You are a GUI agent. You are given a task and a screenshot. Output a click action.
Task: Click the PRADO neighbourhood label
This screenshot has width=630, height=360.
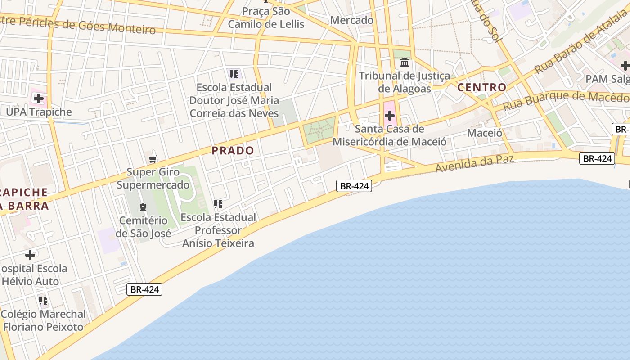233,151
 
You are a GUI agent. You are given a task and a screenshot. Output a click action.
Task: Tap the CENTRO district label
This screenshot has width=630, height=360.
482,87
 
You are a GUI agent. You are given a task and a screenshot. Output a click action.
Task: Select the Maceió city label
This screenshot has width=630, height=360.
485,133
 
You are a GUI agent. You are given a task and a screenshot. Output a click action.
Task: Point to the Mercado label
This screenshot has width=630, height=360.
352,20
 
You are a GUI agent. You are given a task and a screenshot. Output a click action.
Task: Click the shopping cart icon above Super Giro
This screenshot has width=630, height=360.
153,159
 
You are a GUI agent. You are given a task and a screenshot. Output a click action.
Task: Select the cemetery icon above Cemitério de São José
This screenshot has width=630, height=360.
143,207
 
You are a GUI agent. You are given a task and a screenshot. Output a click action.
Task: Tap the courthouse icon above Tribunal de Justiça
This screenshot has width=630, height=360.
405,63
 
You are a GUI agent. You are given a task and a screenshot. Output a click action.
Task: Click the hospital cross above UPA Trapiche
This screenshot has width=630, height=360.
39,99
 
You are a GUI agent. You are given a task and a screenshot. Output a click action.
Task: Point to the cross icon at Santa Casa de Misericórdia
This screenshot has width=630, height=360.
390,116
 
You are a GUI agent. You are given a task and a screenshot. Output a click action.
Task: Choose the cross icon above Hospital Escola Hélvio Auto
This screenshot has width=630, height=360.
30,256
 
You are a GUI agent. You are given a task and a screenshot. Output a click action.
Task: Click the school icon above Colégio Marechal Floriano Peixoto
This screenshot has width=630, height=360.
43,300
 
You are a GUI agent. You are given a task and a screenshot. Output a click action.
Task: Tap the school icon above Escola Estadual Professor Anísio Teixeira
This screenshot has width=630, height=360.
218,204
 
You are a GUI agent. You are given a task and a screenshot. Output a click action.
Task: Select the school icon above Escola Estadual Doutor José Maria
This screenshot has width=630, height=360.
233,74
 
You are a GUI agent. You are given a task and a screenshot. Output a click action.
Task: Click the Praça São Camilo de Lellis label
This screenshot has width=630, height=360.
266,18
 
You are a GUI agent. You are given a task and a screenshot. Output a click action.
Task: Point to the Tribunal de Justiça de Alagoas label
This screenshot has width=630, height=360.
405,82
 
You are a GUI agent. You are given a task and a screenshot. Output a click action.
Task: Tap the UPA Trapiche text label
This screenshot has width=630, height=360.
39,112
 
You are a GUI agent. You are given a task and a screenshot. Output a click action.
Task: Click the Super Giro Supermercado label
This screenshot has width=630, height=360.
153,178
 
